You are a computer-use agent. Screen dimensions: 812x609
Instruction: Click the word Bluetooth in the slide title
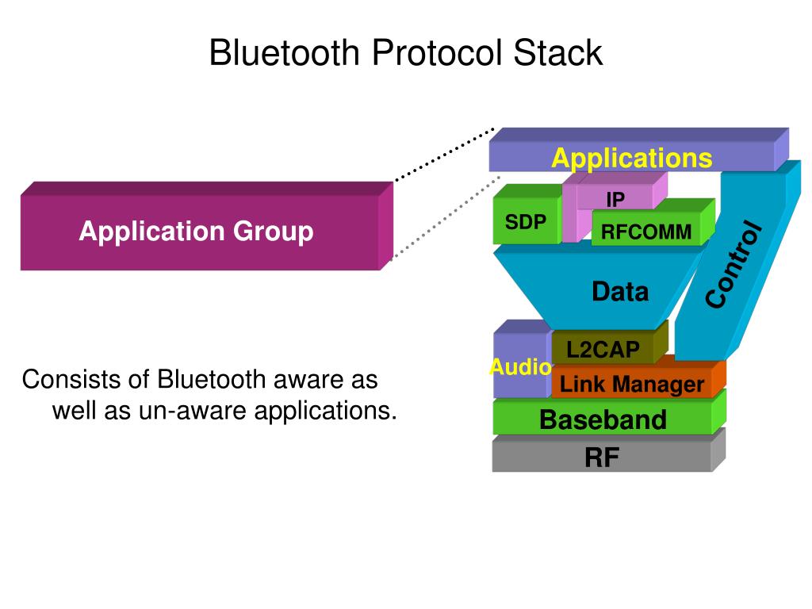(x=285, y=52)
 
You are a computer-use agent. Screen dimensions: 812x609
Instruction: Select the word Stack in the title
(x=557, y=52)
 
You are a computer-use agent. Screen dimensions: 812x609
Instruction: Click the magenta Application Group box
(x=207, y=226)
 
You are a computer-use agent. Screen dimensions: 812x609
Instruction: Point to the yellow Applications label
(x=632, y=158)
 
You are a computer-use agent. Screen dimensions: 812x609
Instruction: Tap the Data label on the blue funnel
(x=620, y=292)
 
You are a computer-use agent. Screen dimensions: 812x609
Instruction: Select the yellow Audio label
(x=520, y=367)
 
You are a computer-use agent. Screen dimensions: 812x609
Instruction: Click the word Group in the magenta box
(x=274, y=231)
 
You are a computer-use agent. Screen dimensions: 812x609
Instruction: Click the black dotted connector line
(x=445, y=154)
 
